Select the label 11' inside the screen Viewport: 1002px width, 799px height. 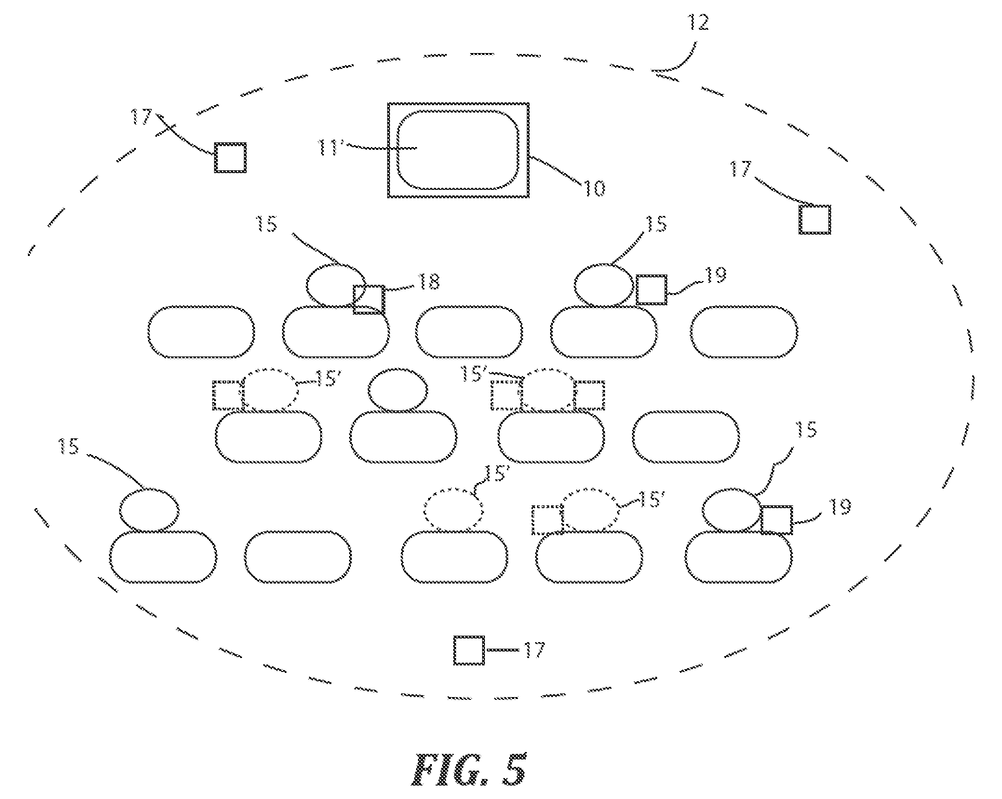(x=330, y=148)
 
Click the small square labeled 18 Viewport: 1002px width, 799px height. (x=369, y=299)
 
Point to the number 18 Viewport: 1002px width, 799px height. (x=428, y=282)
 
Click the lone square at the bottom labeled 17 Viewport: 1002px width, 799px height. (x=469, y=650)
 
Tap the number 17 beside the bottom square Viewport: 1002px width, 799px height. (x=534, y=650)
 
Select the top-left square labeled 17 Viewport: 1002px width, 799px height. (x=230, y=158)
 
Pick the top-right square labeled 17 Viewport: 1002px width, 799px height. (x=815, y=219)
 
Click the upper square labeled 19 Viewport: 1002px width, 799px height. (x=652, y=290)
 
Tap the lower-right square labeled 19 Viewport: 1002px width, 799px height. (x=777, y=520)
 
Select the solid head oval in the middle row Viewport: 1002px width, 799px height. (x=398, y=390)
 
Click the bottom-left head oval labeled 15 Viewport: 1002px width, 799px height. (x=149, y=510)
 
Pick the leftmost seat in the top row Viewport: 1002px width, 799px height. (x=201, y=332)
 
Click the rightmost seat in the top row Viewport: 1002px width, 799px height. (x=744, y=332)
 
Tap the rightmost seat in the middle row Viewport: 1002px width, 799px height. (x=686, y=436)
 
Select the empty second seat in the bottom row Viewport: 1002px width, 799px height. (x=298, y=557)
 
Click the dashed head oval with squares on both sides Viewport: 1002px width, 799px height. (x=548, y=390)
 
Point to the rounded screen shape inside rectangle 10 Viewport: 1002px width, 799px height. (x=458, y=150)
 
